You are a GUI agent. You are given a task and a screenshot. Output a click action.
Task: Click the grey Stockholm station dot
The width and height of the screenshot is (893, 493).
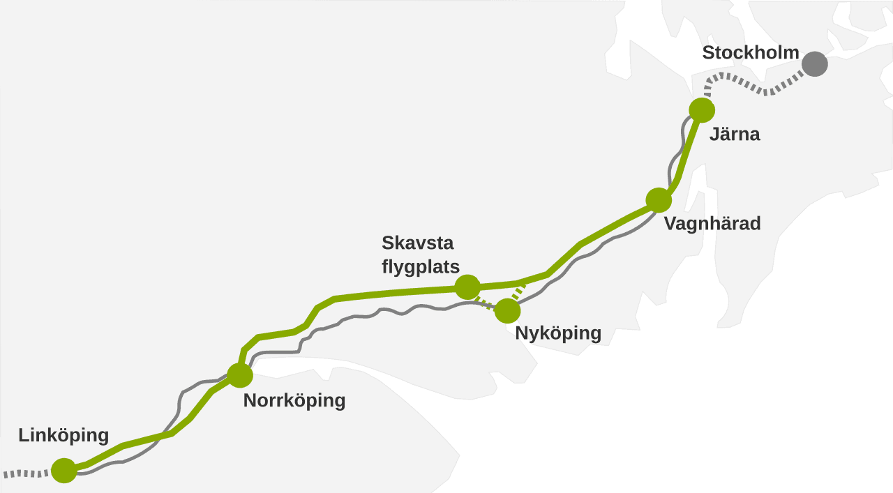coord(814,63)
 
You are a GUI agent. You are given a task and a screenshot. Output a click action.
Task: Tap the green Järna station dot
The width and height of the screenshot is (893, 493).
coord(701,110)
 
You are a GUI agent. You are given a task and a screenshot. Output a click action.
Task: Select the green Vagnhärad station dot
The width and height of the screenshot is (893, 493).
coord(658,200)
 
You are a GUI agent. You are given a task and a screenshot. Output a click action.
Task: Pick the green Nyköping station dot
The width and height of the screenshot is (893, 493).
coord(507,310)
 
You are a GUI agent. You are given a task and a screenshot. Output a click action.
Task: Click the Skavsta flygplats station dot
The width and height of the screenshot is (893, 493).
coord(467,287)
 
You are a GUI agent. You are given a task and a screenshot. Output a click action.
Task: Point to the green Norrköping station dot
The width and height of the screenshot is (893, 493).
coord(239,374)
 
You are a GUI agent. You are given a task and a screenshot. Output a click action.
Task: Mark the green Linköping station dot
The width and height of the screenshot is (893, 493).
coord(63,470)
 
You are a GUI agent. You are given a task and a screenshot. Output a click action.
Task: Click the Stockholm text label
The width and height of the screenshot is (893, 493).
coord(750,52)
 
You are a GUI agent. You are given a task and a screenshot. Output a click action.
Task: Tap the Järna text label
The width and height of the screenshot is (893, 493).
coord(734,134)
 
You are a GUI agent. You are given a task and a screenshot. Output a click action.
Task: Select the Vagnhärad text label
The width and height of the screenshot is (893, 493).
coord(712,224)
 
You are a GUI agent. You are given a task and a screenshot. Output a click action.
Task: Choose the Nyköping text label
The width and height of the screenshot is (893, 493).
coord(558,333)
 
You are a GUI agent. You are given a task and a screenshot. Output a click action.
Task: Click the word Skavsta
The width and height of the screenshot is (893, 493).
coord(417,243)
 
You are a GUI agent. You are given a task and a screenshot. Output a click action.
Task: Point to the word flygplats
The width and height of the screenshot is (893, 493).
coord(420,266)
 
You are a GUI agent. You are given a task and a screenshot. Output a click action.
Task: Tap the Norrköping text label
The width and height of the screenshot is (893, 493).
coord(294,401)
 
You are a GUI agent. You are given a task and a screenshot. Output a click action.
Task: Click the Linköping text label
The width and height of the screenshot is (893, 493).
coord(63,436)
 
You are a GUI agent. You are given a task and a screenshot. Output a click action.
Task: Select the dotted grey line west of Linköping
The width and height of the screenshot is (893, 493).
coord(24,474)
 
